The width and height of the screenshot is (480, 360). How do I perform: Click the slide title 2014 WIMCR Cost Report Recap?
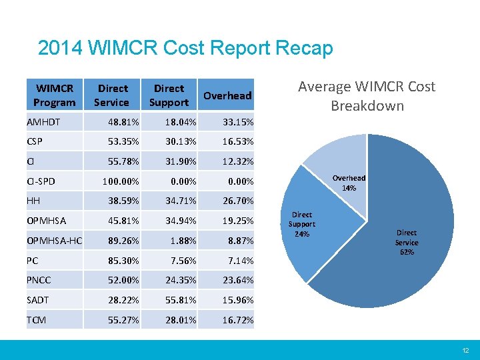[x=185, y=49]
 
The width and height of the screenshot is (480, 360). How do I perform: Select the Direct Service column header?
[x=112, y=95]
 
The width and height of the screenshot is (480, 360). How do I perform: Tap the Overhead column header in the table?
[x=227, y=95]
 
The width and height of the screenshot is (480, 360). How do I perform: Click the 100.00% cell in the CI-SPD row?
[x=120, y=181]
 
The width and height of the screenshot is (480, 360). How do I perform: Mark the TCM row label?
[x=37, y=321]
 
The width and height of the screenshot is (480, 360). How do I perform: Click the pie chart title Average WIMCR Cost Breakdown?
[x=366, y=96]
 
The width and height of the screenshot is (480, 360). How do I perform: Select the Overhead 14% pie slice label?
[x=349, y=183]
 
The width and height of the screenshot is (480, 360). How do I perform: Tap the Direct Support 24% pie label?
[x=302, y=224]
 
